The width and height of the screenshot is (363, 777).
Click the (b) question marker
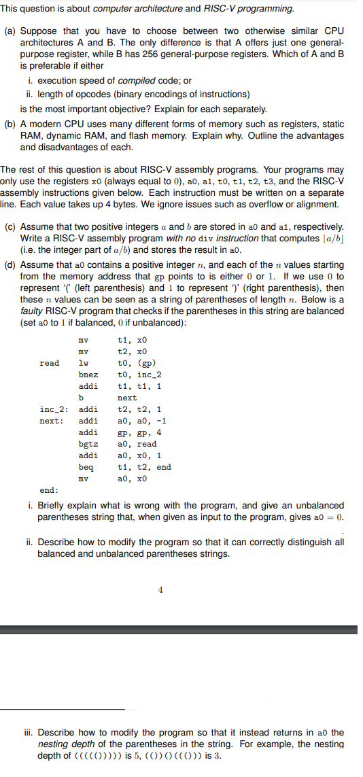click(11, 124)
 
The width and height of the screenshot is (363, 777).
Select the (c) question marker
click(11, 226)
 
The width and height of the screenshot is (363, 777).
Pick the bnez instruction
click(88, 375)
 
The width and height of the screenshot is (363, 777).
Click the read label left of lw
click(49, 363)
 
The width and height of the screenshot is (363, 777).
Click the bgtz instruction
click(88, 444)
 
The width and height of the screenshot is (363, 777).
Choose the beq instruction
click(86, 467)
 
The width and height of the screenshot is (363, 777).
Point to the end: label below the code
click(49, 490)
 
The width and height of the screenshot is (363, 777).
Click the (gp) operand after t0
click(143, 363)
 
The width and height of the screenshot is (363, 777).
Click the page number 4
click(160, 589)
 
